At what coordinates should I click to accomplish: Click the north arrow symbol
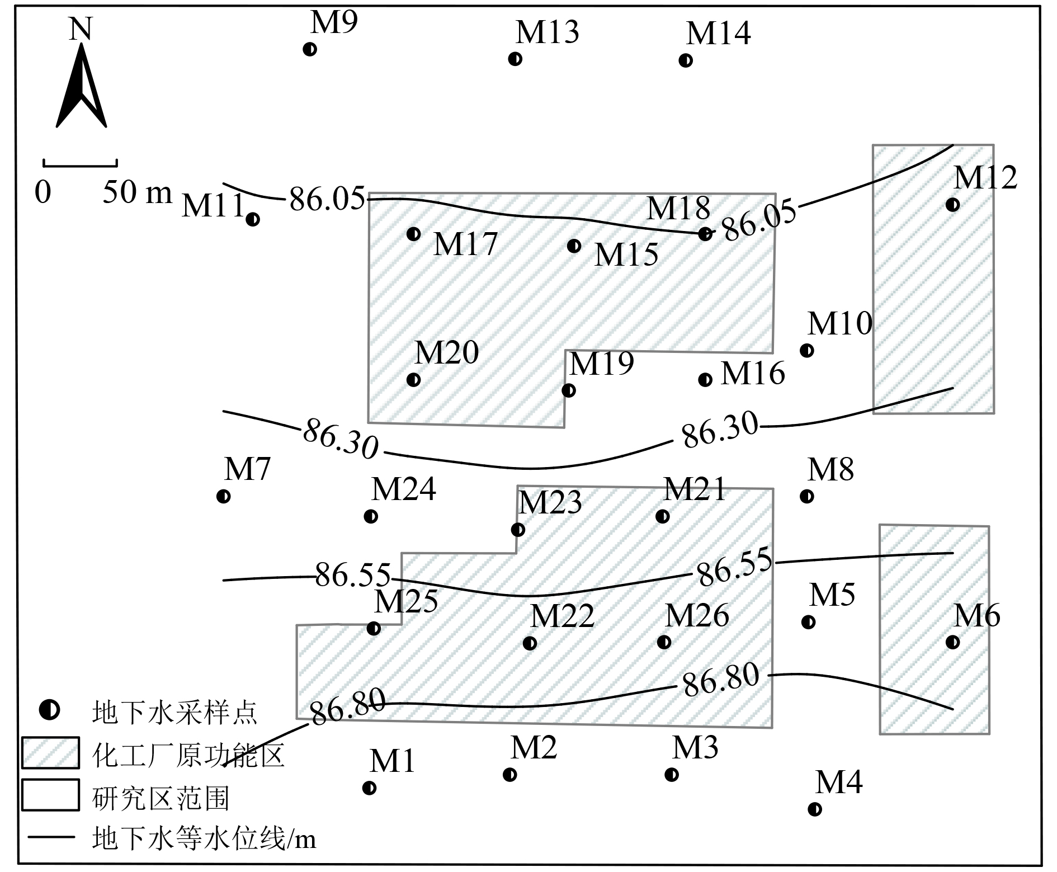(82, 87)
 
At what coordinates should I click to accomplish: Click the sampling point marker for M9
(309, 49)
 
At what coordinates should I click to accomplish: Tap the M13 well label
(547, 32)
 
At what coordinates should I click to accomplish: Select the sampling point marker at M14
(686, 60)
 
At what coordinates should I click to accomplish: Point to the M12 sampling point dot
(952, 205)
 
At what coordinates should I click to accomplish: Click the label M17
(465, 244)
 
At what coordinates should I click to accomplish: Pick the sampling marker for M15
(574, 246)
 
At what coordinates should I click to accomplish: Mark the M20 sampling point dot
(413, 380)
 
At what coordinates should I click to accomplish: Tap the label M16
(753, 374)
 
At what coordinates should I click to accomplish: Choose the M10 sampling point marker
(806, 351)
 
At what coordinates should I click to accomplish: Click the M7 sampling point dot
(223, 496)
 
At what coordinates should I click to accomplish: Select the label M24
(403, 489)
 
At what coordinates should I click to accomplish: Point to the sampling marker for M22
(530, 643)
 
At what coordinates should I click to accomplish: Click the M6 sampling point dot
(952, 642)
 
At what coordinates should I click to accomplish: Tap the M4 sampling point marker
(815, 809)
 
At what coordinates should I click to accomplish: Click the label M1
(392, 761)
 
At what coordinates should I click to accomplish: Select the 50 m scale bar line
(80, 165)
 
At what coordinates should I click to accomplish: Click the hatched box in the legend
(50, 753)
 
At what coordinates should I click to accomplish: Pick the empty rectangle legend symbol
(50, 795)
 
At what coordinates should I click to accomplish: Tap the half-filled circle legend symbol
(50, 711)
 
